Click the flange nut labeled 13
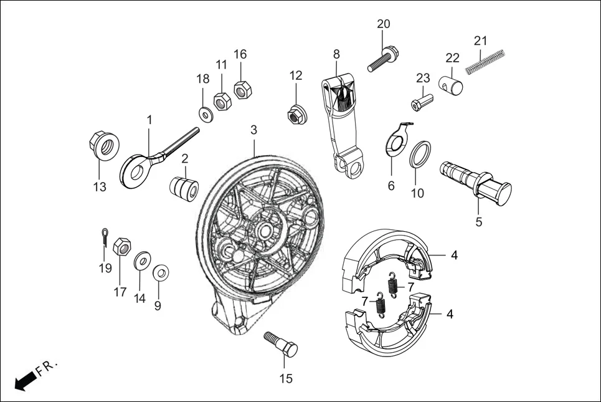click(102, 146)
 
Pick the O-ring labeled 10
click(419, 153)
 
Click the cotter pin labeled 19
click(105, 237)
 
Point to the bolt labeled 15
click(282, 344)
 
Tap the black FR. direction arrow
click(24, 380)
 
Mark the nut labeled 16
click(242, 89)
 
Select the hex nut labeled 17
click(123, 247)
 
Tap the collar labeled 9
click(161, 272)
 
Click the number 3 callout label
click(253, 130)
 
